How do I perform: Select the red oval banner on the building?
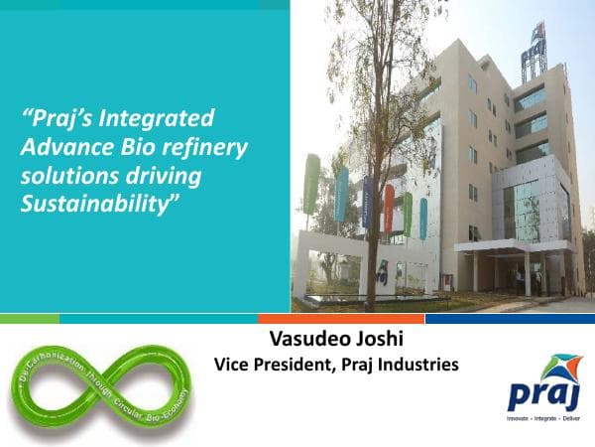pos(389,208)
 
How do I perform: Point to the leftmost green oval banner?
pos(312,184)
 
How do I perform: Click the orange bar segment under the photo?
pos(340,319)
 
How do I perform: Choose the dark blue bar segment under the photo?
pos(510,319)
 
